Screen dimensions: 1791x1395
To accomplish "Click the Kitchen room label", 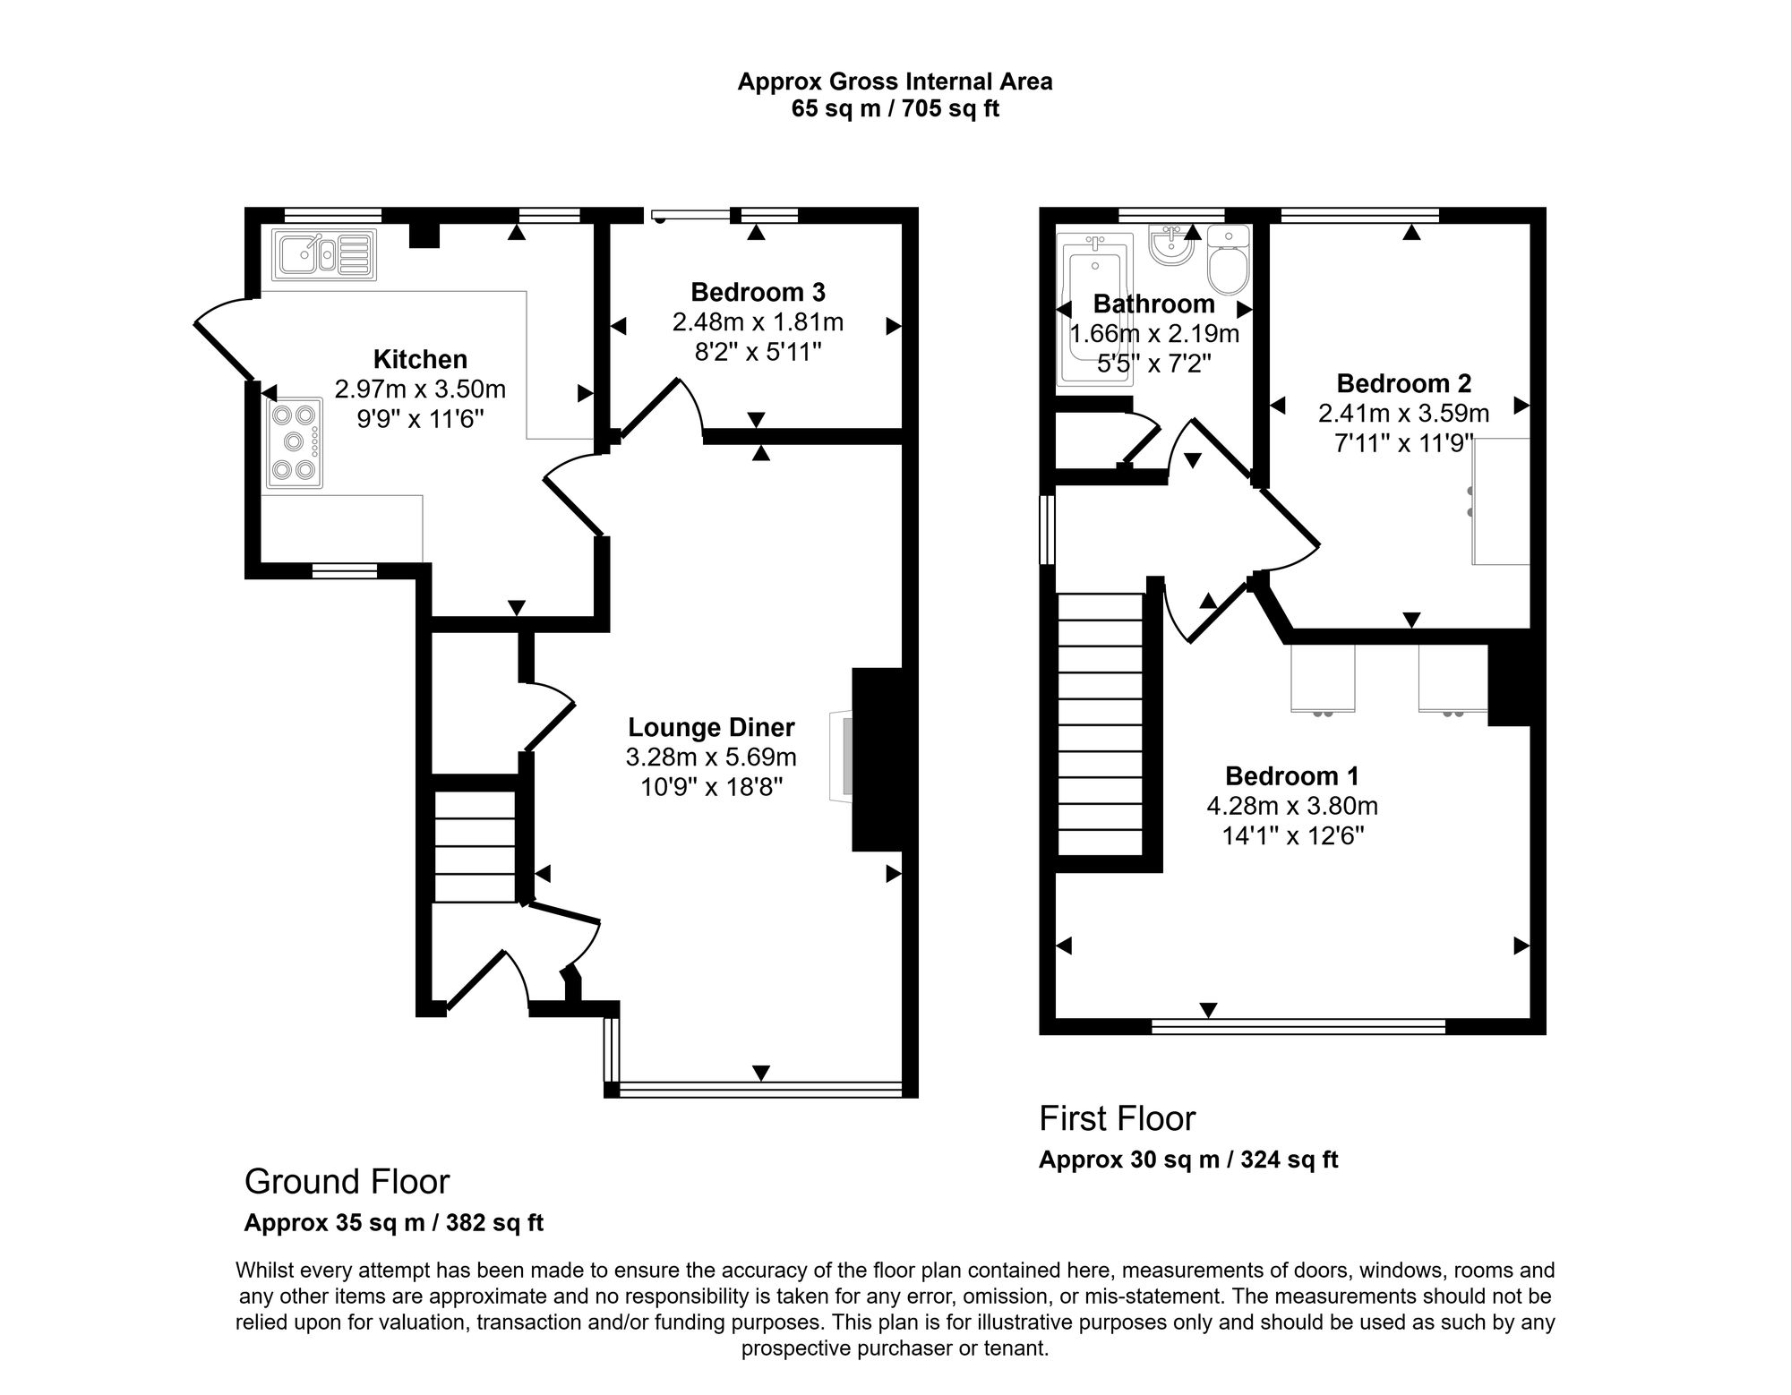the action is (x=420, y=359).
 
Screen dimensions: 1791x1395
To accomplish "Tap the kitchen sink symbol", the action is (x=324, y=254).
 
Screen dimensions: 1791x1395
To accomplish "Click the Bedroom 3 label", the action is (x=758, y=292).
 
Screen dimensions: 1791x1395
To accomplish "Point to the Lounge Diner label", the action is (x=711, y=727).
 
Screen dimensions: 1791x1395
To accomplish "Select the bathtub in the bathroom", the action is (x=1094, y=310).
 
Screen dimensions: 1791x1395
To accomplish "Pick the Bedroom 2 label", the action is (x=1404, y=383).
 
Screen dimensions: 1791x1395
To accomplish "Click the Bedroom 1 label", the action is (x=1292, y=775).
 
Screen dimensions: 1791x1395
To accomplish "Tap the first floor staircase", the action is (x=1101, y=725).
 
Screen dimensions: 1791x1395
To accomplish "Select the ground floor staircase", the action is (x=475, y=846).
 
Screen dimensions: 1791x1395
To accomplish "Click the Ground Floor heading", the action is (x=347, y=1182).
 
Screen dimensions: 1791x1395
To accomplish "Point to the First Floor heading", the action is (x=1117, y=1118).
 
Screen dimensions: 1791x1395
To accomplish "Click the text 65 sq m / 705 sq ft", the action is (x=895, y=109).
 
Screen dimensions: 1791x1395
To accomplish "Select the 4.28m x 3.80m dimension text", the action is (x=1292, y=806).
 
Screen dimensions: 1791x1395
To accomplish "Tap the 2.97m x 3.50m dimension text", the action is (x=420, y=389).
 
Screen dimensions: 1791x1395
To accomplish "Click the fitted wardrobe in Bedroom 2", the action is (x=1502, y=501).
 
